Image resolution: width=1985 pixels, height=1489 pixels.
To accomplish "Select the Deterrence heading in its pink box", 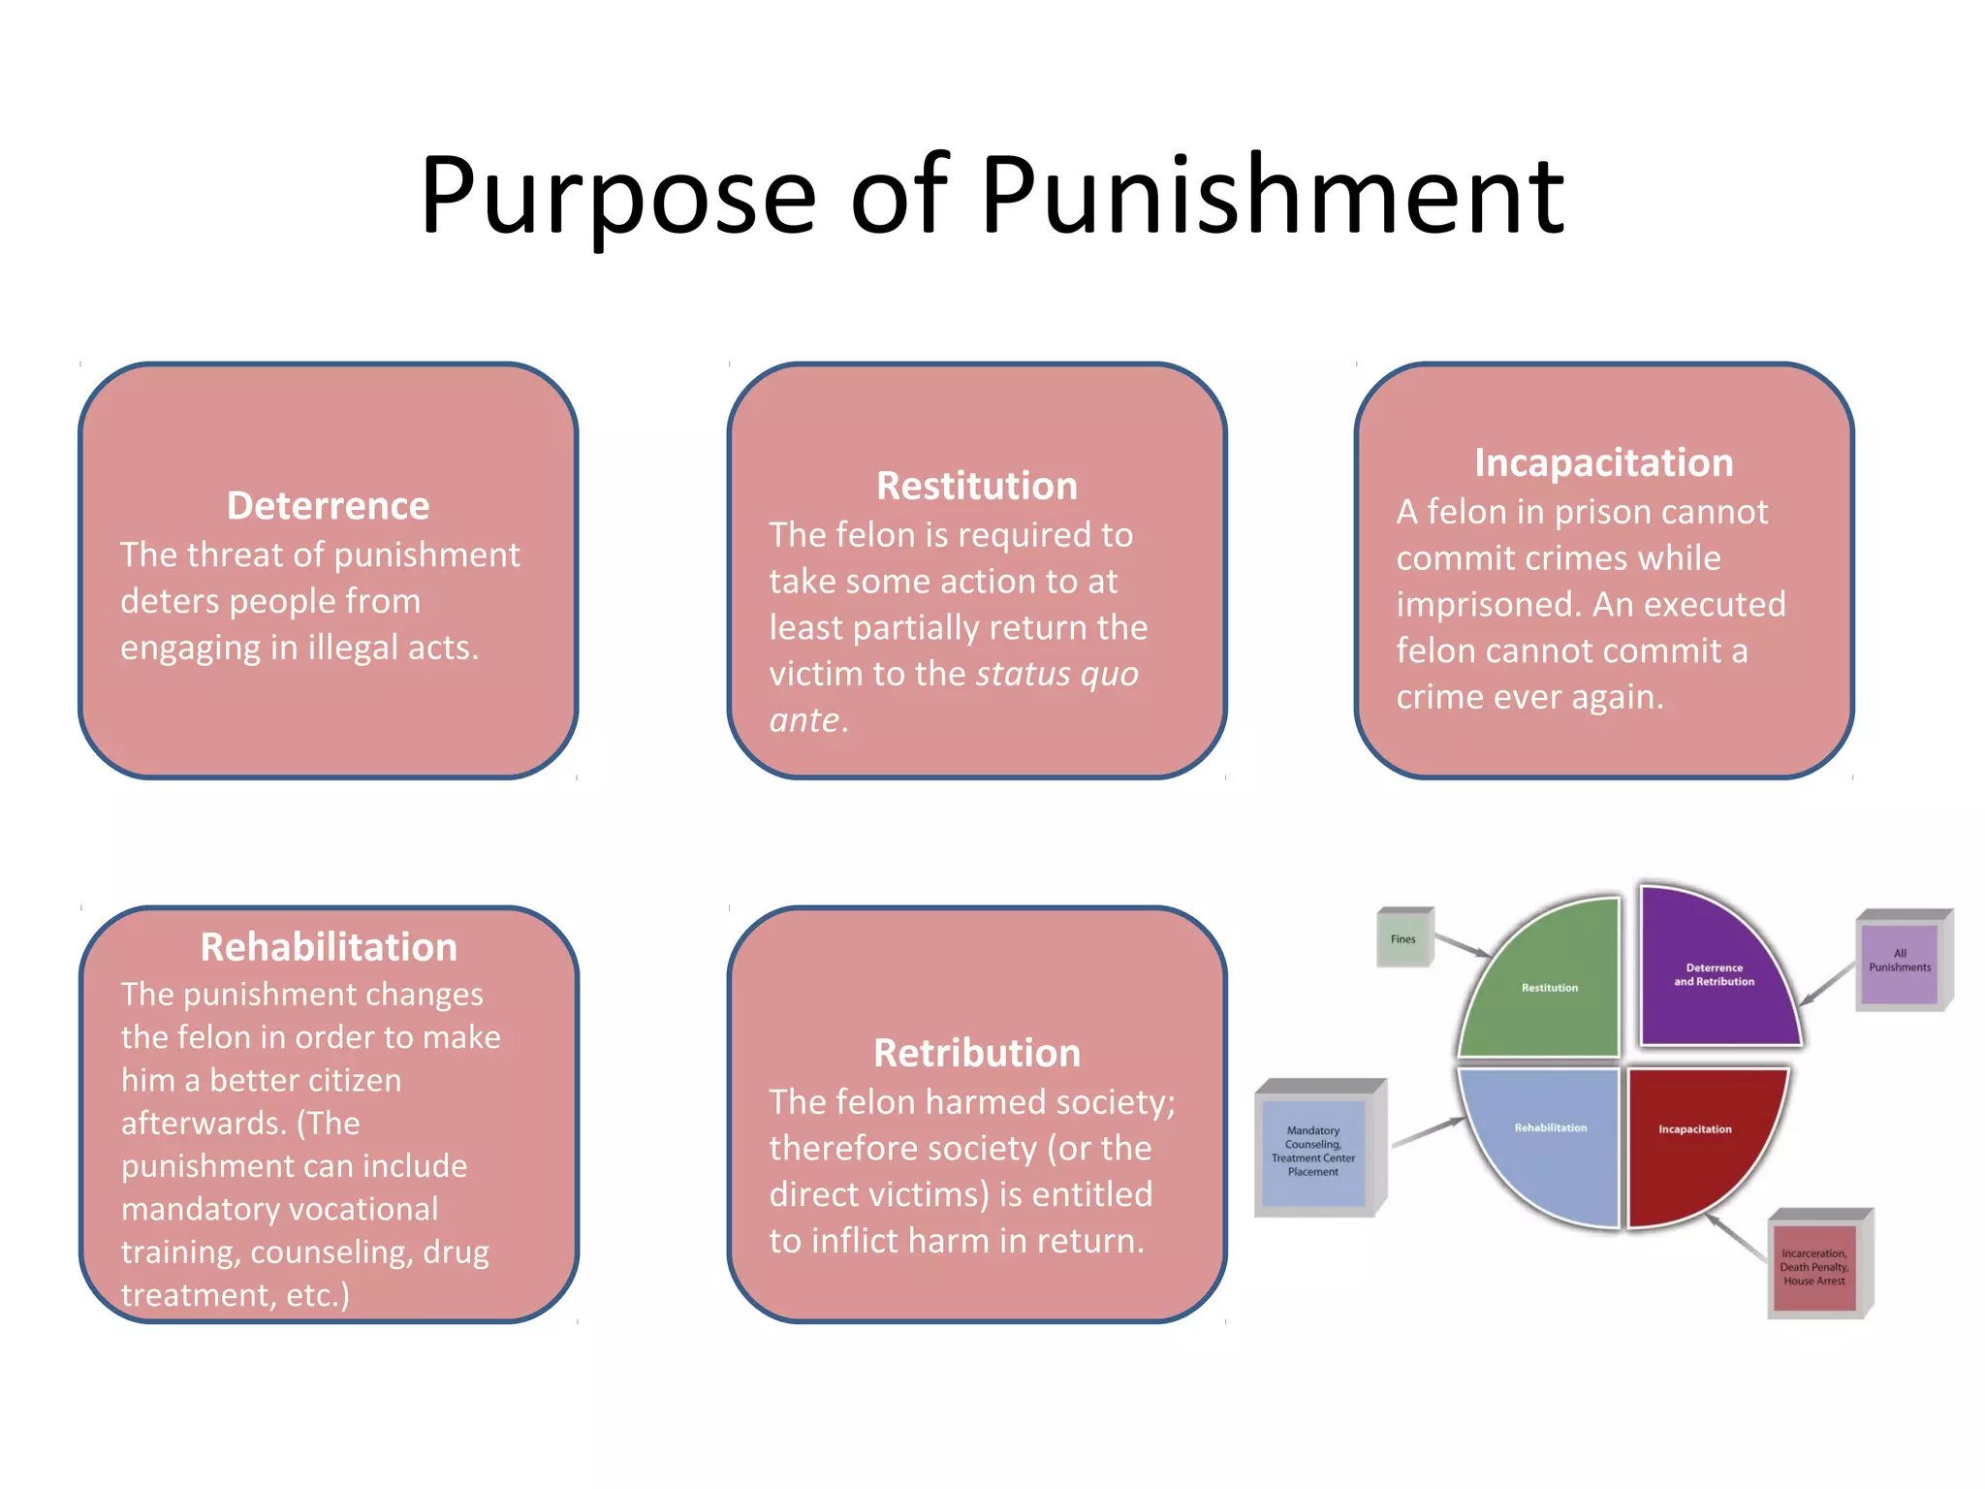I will [x=328, y=506].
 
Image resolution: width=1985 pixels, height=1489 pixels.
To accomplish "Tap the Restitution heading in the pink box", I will [x=976, y=486].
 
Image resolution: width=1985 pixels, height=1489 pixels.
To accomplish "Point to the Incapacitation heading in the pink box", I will [x=1603, y=463].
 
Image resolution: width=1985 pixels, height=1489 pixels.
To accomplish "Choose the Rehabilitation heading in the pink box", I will [x=329, y=947].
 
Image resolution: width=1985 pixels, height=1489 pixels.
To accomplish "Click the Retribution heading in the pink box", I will [x=976, y=1053].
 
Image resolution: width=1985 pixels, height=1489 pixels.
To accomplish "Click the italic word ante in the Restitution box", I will [x=804, y=721].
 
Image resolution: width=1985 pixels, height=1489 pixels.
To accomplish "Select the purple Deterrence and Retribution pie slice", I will [x=1714, y=974].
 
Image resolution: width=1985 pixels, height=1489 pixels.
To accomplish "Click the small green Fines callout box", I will [x=1403, y=938].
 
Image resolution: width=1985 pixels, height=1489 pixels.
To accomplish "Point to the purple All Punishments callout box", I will [x=1900, y=961].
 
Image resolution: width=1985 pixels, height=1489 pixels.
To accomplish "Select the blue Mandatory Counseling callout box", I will [x=1313, y=1152].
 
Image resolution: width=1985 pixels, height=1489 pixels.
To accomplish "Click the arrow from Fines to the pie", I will [x=1462, y=945].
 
